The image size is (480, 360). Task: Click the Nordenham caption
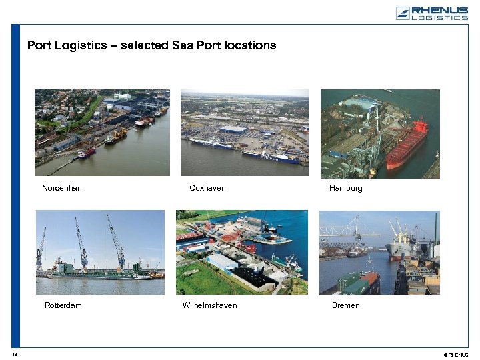[63, 188]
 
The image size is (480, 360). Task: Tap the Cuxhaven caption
[207, 188]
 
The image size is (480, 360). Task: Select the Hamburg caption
[345, 188]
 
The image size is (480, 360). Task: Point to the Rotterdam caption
[63, 305]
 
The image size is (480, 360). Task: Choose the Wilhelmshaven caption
[209, 305]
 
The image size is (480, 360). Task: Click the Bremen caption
[345, 305]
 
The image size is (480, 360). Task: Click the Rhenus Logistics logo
[431, 13]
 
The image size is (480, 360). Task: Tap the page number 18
[14, 354]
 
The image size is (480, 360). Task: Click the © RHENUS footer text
[456, 355]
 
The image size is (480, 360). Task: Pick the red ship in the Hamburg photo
[407, 144]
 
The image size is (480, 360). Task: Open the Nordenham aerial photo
[102, 132]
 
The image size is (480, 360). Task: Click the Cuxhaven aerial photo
[245, 132]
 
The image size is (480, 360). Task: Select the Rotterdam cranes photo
[100, 252]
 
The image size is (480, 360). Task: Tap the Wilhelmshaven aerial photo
[241, 252]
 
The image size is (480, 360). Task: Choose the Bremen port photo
[379, 252]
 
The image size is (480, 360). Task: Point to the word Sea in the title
[181, 45]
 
